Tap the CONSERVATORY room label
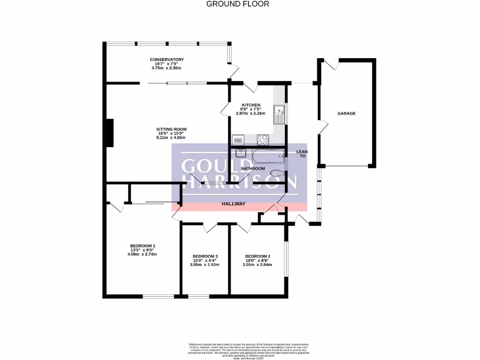click(x=167, y=60)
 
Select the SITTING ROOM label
click(x=172, y=129)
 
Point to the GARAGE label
click(x=346, y=113)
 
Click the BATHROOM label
click(x=253, y=168)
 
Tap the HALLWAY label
click(x=233, y=204)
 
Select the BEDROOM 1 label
click(x=142, y=246)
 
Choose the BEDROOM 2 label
click(x=258, y=256)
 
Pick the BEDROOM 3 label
click(x=205, y=256)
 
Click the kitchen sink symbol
click(x=280, y=113)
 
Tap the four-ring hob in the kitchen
click(x=262, y=139)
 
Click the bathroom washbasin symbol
click(x=241, y=153)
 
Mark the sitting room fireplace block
click(x=110, y=133)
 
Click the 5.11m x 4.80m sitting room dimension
click(x=172, y=138)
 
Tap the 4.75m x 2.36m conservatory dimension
click(x=166, y=68)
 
